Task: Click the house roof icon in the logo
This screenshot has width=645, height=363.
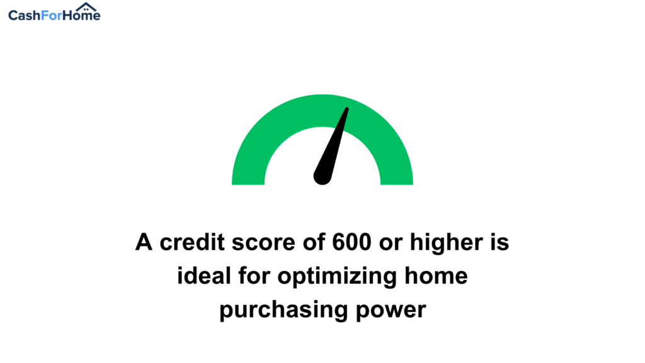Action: coord(86,7)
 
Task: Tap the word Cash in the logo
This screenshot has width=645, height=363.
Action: coord(25,16)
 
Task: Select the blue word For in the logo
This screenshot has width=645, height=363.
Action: coord(52,16)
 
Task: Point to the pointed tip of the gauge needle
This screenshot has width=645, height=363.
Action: coord(347,109)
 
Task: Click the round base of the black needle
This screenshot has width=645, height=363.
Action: coord(322,177)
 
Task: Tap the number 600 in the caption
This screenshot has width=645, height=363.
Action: coord(351,242)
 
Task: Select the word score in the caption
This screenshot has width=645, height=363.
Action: coord(263,243)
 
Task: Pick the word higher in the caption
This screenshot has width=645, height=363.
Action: coord(447,243)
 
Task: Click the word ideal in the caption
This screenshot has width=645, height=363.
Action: coord(204,276)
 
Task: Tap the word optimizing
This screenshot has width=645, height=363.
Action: coord(338,277)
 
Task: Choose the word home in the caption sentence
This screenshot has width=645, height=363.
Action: coord(436,276)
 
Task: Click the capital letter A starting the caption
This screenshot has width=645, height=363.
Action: coord(144,242)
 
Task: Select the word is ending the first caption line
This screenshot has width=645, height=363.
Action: coord(499,242)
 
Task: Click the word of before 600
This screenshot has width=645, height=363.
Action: coord(314,242)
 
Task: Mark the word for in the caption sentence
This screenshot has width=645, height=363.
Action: coord(254,276)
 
